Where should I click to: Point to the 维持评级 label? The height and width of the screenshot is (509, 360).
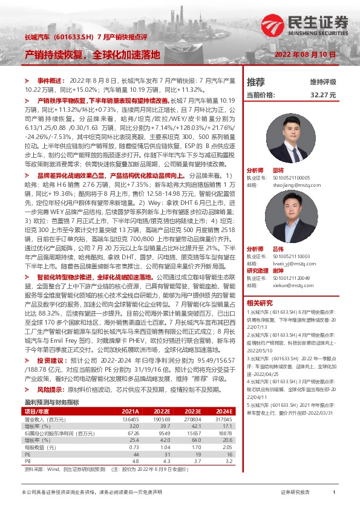pyautogui.click(x=322, y=82)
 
